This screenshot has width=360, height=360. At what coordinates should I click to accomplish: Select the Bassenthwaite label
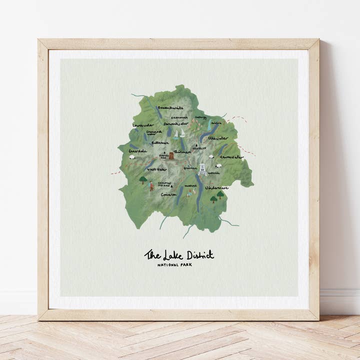[x=170, y=107]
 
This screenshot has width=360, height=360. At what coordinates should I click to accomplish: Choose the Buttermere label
[x=160, y=142]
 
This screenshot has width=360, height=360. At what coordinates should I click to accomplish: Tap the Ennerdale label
[x=138, y=150]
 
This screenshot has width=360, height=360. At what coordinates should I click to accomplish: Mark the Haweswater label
[x=231, y=157]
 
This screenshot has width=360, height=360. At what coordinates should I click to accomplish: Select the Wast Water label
[x=156, y=169]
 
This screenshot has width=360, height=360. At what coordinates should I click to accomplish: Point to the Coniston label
[x=168, y=194]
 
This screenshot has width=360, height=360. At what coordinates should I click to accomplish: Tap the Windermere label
[x=216, y=188]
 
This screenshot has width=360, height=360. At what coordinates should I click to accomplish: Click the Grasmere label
[x=190, y=168]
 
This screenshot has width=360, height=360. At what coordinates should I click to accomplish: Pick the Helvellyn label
[x=198, y=148]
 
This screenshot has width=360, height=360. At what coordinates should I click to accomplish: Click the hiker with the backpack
[x=151, y=187]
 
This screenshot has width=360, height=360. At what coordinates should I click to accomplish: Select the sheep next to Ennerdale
[x=132, y=157]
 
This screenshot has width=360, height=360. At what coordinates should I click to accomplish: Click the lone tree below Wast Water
[x=143, y=179]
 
